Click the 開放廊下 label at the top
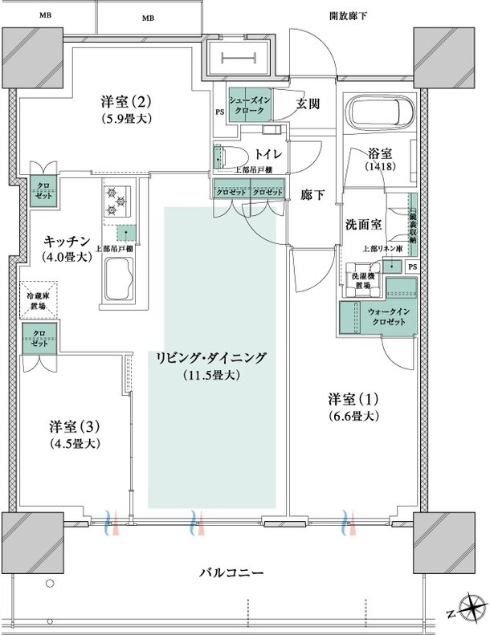(349, 16)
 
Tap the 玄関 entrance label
(309, 104)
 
